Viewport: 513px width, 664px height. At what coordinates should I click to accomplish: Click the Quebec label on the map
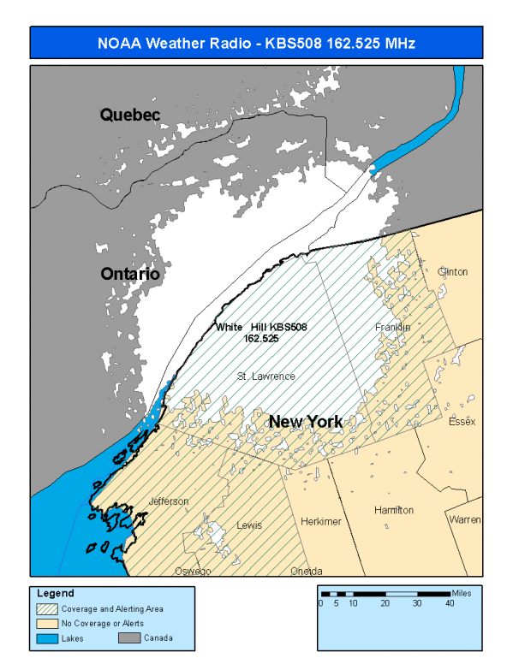pyautogui.click(x=129, y=114)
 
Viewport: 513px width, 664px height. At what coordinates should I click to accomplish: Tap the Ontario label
pyautogui.click(x=130, y=275)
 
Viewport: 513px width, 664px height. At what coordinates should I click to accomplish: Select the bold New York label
pyautogui.click(x=306, y=422)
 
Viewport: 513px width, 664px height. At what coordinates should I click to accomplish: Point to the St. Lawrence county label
pyautogui.click(x=266, y=376)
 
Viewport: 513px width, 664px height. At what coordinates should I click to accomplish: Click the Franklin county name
pyautogui.click(x=393, y=328)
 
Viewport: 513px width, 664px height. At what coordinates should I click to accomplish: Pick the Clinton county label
pyautogui.click(x=452, y=272)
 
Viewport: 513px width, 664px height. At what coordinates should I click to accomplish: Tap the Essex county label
pyautogui.click(x=462, y=422)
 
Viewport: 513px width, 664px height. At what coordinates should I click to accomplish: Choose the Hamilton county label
pyautogui.click(x=394, y=510)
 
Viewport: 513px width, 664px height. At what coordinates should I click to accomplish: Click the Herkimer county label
pyautogui.click(x=321, y=521)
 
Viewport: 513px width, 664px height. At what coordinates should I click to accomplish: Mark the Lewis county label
pyautogui.click(x=249, y=525)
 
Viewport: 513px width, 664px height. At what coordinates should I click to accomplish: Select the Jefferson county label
pyautogui.click(x=168, y=501)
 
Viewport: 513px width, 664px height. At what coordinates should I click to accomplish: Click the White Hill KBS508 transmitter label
pyautogui.click(x=261, y=333)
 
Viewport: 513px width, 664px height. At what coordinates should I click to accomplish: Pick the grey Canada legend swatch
pyautogui.click(x=128, y=637)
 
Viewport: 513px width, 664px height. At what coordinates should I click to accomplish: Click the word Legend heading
pyautogui.click(x=56, y=593)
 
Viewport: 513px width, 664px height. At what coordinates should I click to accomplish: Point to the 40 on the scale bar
pyautogui.click(x=450, y=604)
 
